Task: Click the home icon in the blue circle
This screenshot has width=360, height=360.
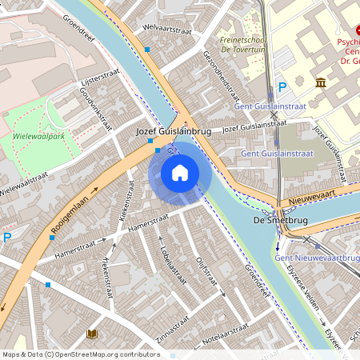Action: tap(180, 172)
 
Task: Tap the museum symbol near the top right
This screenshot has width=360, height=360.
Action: tap(320, 83)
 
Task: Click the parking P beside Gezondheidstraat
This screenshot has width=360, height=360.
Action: tap(282, 87)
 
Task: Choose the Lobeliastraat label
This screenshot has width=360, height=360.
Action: tap(170, 264)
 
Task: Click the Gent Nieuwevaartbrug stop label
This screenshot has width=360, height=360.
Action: tap(316, 258)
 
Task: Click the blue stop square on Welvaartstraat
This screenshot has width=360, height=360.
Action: tap(147, 50)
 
